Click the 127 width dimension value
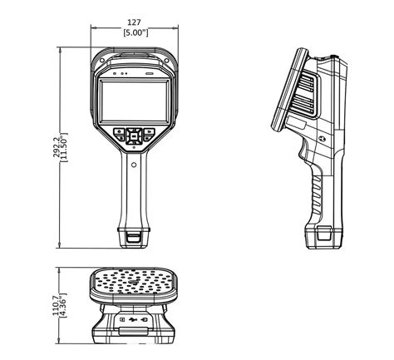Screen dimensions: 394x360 [134, 22]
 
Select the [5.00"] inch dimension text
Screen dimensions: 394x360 [135, 32]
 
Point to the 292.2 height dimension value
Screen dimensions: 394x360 [57, 147]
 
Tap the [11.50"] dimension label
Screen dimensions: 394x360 [65, 147]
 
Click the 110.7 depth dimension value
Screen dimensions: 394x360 [57, 305]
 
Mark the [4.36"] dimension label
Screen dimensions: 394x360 [63, 305]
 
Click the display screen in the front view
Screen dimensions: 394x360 [135, 101]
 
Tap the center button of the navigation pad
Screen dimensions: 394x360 [134, 136]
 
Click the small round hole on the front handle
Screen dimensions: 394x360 [134, 165]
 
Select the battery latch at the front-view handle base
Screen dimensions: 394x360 [134, 238]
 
